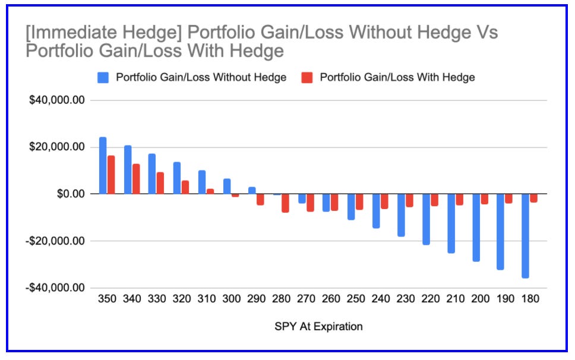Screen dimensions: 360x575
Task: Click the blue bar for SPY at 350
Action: pos(103,166)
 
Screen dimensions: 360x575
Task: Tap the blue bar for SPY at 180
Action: pos(525,235)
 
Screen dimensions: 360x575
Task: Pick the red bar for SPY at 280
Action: pos(285,203)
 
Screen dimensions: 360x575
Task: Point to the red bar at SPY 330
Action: pos(160,183)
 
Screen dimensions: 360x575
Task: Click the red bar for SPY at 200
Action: pos(484,199)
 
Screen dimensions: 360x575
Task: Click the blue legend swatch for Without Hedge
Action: pos(103,77)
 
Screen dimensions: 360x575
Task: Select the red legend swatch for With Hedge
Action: pos(306,77)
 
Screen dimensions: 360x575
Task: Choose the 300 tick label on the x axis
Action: pos(231,299)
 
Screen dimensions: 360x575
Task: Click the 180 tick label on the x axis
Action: pos(529,299)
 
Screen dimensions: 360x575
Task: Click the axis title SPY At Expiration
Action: pos(318,326)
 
